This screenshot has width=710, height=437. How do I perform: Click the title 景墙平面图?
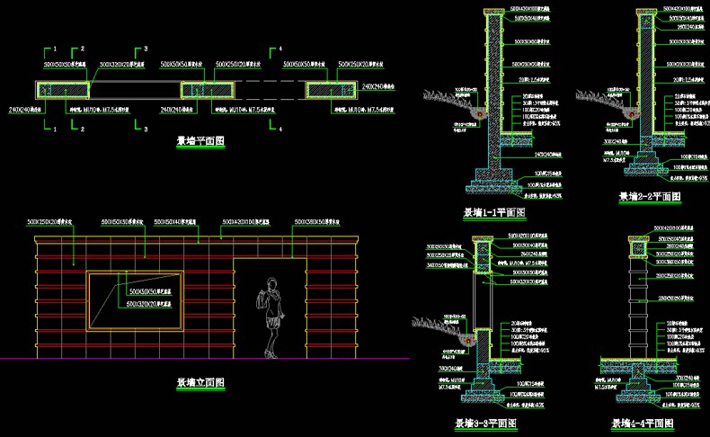click(200, 141)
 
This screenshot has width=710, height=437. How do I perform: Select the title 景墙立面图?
click(200, 383)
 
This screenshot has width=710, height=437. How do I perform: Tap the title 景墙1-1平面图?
click(493, 213)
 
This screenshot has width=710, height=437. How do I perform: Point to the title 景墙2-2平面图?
click(650, 196)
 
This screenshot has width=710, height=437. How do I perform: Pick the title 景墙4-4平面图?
click(643, 423)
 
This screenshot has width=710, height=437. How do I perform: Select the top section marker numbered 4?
click(280, 48)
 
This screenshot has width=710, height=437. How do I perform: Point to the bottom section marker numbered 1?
click(56, 129)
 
